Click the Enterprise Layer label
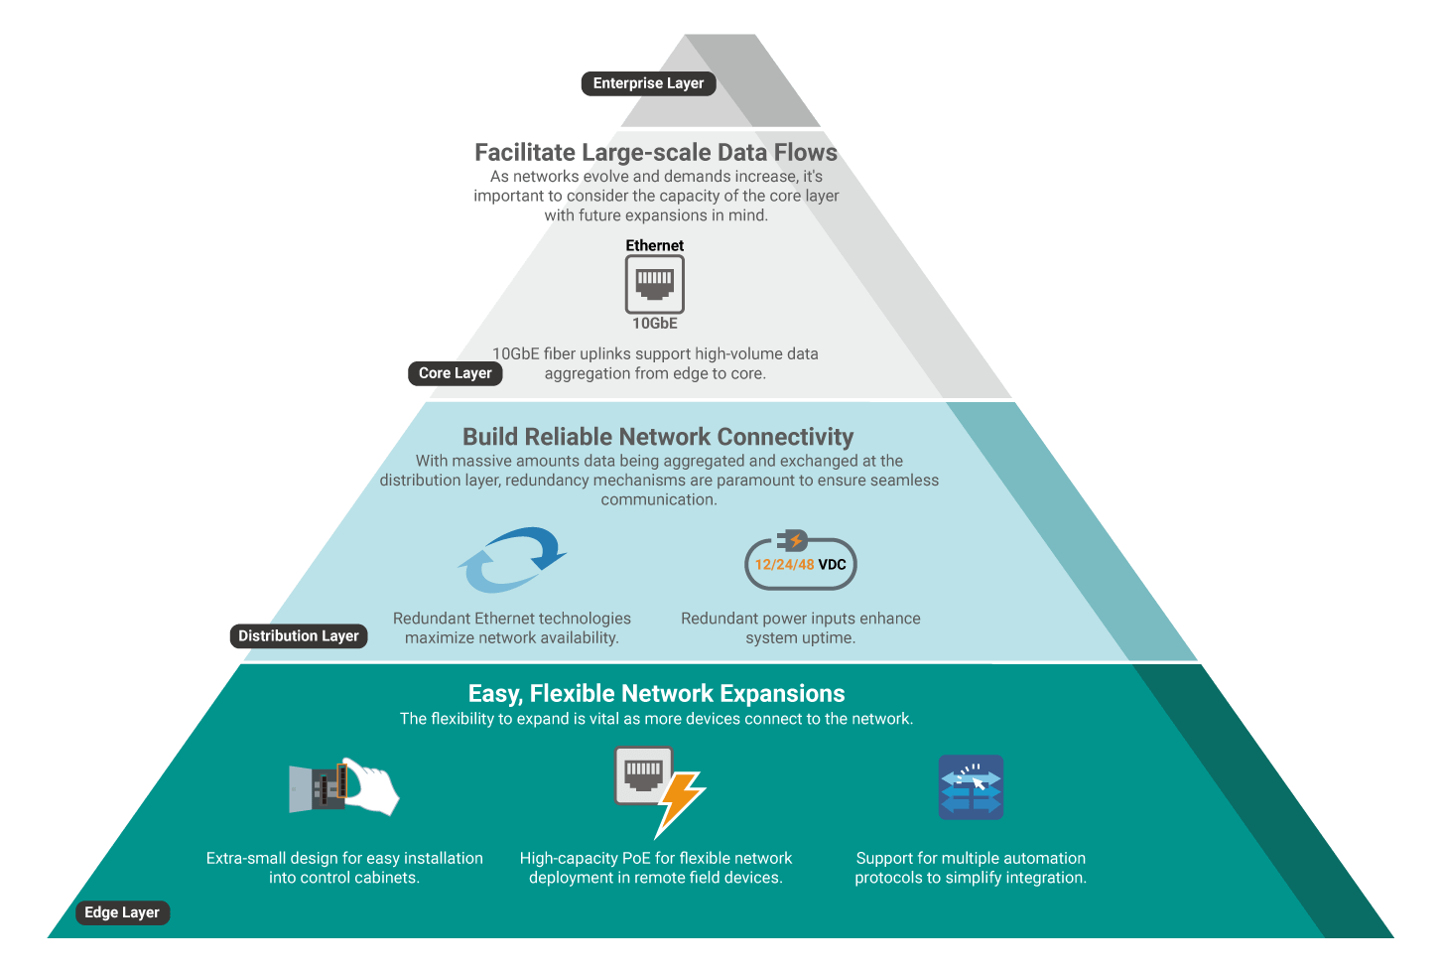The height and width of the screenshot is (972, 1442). [x=648, y=83]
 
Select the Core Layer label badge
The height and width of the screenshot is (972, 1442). [x=455, y=373]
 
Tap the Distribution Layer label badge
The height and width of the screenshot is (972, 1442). [x=298, y=635]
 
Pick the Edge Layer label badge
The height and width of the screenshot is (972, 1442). [x=122, y=912]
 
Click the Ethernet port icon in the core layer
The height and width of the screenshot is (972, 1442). [x=654, y=284]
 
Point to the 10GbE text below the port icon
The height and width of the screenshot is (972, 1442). [x=655, y=324]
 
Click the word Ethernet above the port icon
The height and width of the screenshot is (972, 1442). [x=654, y=245]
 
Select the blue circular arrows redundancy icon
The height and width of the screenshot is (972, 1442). [x=511, y=559]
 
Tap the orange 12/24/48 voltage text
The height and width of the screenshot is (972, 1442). [x=784, y=564]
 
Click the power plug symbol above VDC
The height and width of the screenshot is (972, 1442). [x=793, y=541]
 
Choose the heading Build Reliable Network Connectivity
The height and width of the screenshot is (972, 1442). [x=658, y=437]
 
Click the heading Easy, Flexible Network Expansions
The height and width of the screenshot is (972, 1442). [x=656, y=693]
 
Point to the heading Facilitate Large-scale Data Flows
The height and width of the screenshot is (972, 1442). [x=656, y=152]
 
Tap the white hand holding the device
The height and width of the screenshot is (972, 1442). [x=371, y=788]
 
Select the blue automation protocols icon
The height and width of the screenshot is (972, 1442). [x=971, y=787]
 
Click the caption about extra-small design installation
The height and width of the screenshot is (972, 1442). [x=344, y=868]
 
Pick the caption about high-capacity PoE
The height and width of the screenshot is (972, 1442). [x=656, y=868]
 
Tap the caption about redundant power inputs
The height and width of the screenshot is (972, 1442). [x=800, y=627]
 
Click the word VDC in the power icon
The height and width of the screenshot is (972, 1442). [x=832, y=564]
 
